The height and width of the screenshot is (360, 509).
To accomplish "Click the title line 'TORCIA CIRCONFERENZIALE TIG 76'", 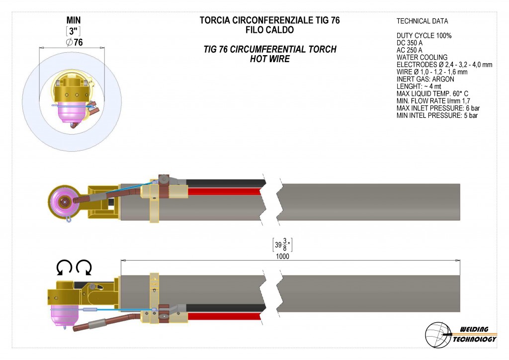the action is pos(269,20).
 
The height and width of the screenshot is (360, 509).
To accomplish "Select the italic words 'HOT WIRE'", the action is pos(270,59).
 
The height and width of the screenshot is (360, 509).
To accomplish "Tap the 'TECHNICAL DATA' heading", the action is pos(422,21).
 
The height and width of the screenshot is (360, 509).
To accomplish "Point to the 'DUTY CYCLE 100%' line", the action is pos(424,35).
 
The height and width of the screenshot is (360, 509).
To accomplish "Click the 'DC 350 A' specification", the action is pos(410,43).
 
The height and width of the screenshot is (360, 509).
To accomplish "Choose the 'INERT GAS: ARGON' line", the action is pos(425,79).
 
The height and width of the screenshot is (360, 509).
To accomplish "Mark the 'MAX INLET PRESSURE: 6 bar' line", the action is pos(438,108).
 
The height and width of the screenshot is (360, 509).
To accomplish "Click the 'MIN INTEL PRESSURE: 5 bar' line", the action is pos(437,115).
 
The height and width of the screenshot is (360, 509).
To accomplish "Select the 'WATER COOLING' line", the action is pos(422,58).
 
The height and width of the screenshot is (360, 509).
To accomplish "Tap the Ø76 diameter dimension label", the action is pos(75,42).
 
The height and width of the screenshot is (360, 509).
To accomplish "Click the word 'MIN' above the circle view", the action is pos(74,20).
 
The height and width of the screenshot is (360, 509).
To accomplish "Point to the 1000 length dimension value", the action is pos(282,256).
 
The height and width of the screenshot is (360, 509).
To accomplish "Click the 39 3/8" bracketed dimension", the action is pos(282,245).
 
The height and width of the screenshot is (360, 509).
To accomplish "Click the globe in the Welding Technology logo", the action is pos(438,335).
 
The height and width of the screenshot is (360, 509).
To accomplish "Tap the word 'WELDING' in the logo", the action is pos(474,330).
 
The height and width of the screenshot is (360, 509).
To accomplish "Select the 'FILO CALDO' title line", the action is pos(270,30).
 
